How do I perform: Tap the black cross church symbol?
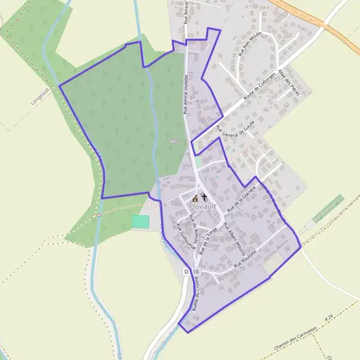point(204,197)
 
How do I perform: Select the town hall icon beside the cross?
point(195,199)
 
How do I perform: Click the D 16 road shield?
point(191,272)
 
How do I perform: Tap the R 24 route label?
point(328,316)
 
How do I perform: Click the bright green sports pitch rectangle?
point(140,221)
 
